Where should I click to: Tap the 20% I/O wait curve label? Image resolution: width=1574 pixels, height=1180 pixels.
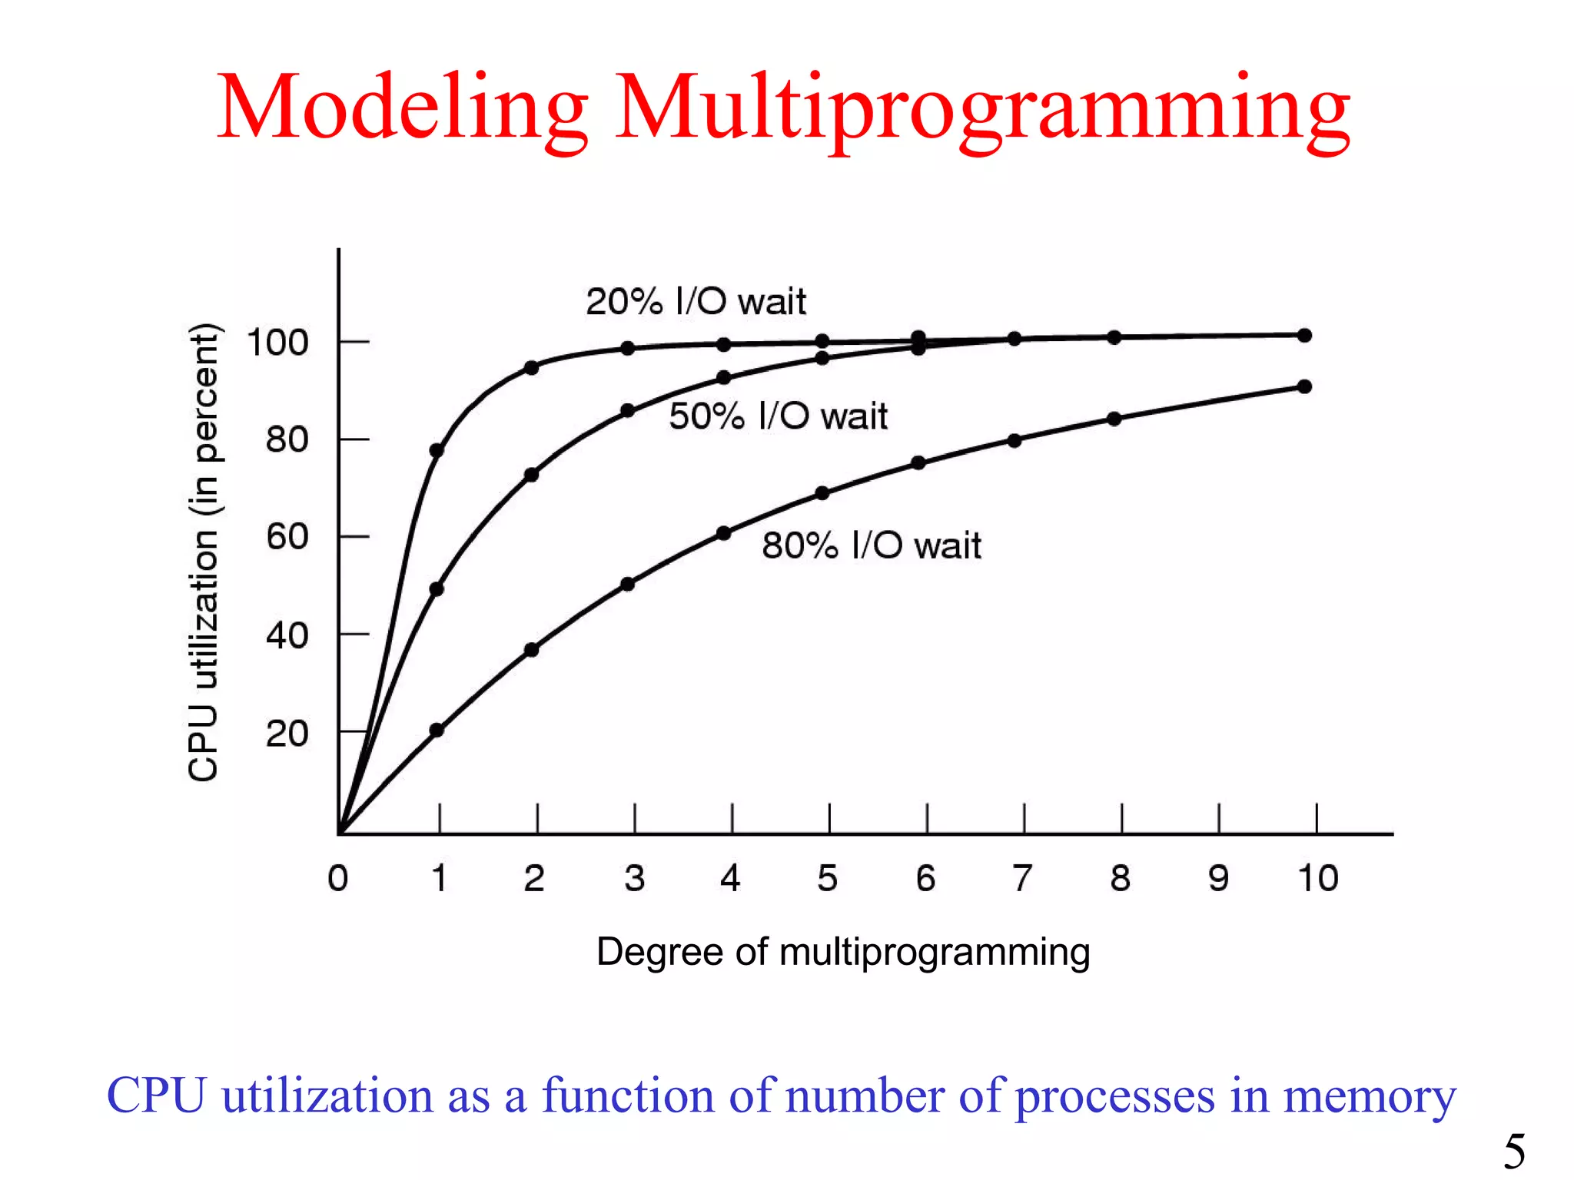point(696,301)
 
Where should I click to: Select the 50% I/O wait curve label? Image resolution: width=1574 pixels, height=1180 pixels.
point(778,416)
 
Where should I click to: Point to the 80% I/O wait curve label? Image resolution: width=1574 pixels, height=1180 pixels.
point(871,545)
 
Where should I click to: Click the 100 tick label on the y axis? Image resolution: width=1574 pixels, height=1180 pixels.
point(277,343)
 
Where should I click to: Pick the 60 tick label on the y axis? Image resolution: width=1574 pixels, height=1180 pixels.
point(287,536)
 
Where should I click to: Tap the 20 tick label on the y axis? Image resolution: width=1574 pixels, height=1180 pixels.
point(287,734)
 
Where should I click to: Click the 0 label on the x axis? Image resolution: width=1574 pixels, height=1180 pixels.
point(338,878)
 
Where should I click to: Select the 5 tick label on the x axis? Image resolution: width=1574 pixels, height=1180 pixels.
point(827,878)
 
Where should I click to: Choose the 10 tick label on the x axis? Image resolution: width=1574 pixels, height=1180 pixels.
point(1317,878)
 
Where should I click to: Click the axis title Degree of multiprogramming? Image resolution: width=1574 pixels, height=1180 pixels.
point(843,952)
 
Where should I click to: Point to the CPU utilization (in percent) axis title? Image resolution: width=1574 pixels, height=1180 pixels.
point(204,553)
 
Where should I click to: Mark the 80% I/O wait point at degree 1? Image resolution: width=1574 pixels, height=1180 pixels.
point(437,730)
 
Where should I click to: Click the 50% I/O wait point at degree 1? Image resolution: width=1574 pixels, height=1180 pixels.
point(437,589)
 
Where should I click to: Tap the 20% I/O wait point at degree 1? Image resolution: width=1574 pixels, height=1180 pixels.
point(437,450)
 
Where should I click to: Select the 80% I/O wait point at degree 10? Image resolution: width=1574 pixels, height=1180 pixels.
point(1304,386)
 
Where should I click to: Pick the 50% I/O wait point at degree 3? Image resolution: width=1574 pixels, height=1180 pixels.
point(628,411)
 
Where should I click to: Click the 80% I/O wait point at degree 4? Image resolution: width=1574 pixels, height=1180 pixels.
point(724,533)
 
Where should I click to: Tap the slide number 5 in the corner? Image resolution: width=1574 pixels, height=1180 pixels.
point(1514,1151)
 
